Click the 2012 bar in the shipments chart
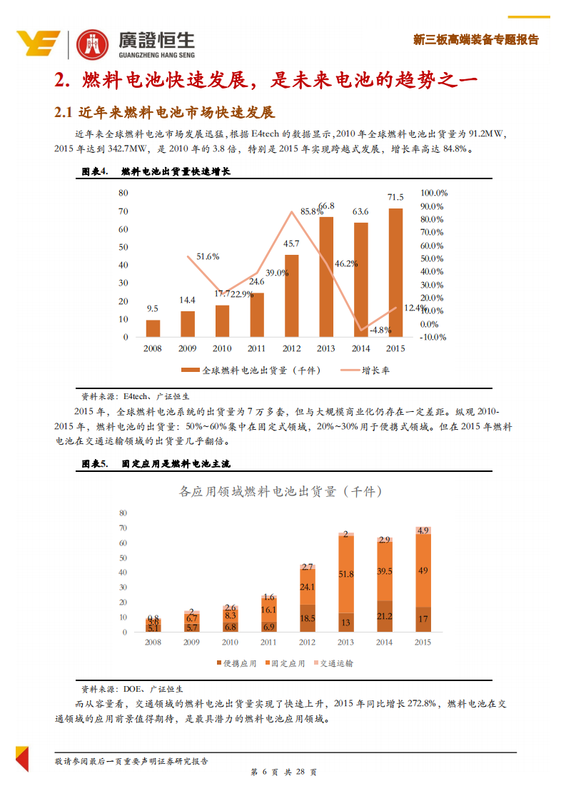click(292, 296)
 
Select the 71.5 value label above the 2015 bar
click(395, 197)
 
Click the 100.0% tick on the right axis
click(433, 193)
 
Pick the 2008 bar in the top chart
click(153, 328)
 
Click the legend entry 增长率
click(375, 371)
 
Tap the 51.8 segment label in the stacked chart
click(346, 574)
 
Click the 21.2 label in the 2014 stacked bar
click(385, 616)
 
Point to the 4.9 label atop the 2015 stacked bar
click(423, 530)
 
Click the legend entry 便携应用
click(240, 663)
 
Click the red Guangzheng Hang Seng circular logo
click(92, 46)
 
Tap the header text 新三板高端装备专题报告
click(476, 40)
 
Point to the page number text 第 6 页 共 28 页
click(283, 772)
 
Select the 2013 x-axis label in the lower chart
click(346, 643)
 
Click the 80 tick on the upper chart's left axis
click(123, 193)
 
